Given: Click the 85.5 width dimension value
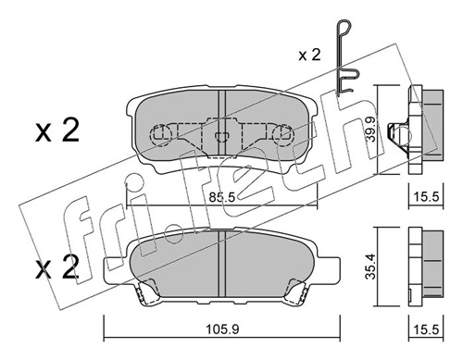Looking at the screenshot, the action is (x=222, y=197).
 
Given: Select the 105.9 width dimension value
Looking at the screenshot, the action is (x=222, y=329).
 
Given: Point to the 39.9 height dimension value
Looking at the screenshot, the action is (x=370, y=129).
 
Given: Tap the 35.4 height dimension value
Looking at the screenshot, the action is (x=370, y=267).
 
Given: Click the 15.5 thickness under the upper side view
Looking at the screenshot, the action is (x=426, y=196).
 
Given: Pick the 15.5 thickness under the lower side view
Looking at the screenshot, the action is (x=426, y=329).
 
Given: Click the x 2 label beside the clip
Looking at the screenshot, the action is (x=309, y=55).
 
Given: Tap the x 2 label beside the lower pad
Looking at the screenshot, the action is (x=56, y=267).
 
